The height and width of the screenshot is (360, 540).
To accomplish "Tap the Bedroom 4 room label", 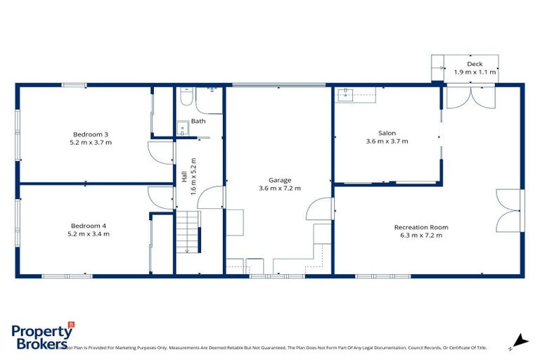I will click(89, 226).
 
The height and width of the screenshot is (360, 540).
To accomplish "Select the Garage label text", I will click(279, 180).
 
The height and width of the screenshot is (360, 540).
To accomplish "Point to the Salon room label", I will click(387, 133).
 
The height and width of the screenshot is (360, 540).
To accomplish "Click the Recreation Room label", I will click(420, 227).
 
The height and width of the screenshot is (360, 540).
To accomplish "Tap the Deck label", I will click(475, 64).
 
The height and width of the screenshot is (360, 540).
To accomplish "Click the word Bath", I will click(198, 122).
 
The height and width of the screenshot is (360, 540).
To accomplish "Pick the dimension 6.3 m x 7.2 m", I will click(420, 236).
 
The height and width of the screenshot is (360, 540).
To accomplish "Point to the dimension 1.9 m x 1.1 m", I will click(475, 72).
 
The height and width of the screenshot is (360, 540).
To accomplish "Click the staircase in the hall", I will click(188, 233).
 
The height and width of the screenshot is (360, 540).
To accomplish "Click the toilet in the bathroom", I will click(184, 98).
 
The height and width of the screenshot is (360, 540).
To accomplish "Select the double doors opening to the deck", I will click(465, 96).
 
